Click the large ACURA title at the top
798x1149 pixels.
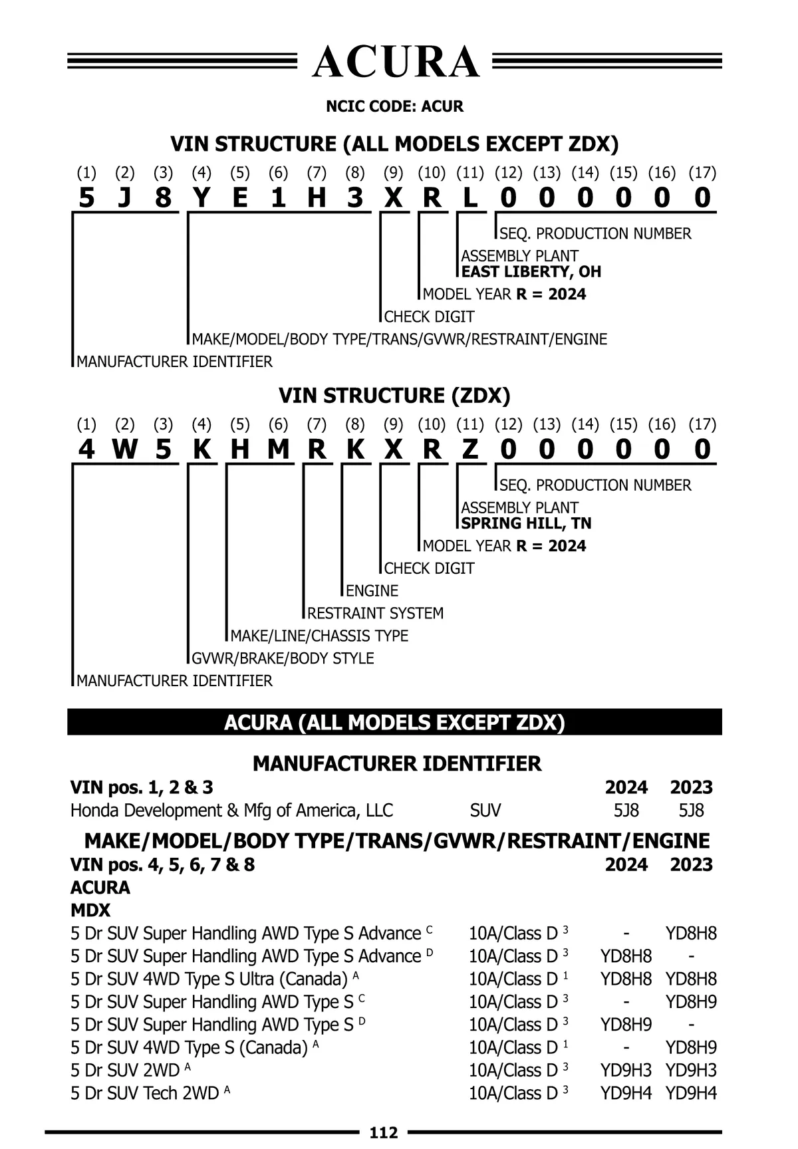point(395,63)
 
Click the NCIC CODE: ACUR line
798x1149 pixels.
point(394,106)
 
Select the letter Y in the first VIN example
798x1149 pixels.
point(201,198)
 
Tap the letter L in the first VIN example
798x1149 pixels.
point(470,198)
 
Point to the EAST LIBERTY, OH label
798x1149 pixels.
point(531,272)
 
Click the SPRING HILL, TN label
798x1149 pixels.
point(526,523)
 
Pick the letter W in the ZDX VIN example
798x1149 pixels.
point(124,450)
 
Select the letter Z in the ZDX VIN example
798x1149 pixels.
point(470,450)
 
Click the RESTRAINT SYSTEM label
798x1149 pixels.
point(375,613)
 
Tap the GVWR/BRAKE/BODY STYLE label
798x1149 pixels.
point(283,658)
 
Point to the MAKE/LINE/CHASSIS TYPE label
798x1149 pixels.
point(319,636)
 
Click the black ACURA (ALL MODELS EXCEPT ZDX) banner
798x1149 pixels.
point(394,722)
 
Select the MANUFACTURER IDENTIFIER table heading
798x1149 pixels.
point(397,763)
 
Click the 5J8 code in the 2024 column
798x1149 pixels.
point(626,811)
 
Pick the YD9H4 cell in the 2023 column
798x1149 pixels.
point(691,1093)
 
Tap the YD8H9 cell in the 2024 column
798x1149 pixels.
point(626,1025)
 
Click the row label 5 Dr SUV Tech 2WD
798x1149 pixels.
point(144,1093)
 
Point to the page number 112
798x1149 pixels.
point(384,1132)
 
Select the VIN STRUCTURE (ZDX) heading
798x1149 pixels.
point(394,396)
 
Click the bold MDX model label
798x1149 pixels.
point(90,910)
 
